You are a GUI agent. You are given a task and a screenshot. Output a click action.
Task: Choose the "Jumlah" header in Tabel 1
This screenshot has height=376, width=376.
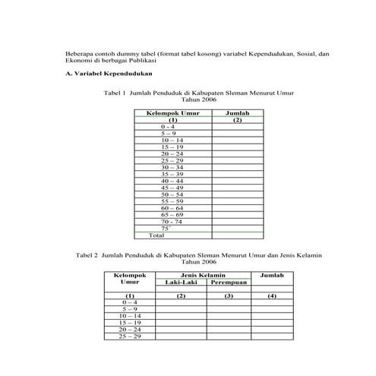pos(237,113)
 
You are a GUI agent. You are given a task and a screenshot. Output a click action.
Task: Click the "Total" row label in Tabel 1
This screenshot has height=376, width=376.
pos(156,235)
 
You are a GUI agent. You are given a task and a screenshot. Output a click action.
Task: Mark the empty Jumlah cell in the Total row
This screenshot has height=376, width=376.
pos(237,235)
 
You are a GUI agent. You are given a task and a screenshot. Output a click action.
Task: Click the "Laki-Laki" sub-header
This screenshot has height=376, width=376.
pos(181,283)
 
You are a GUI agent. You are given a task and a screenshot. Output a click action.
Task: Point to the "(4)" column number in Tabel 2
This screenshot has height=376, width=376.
pos(271,295)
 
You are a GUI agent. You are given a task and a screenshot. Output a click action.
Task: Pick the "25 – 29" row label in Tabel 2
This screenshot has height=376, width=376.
pos(130,336)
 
